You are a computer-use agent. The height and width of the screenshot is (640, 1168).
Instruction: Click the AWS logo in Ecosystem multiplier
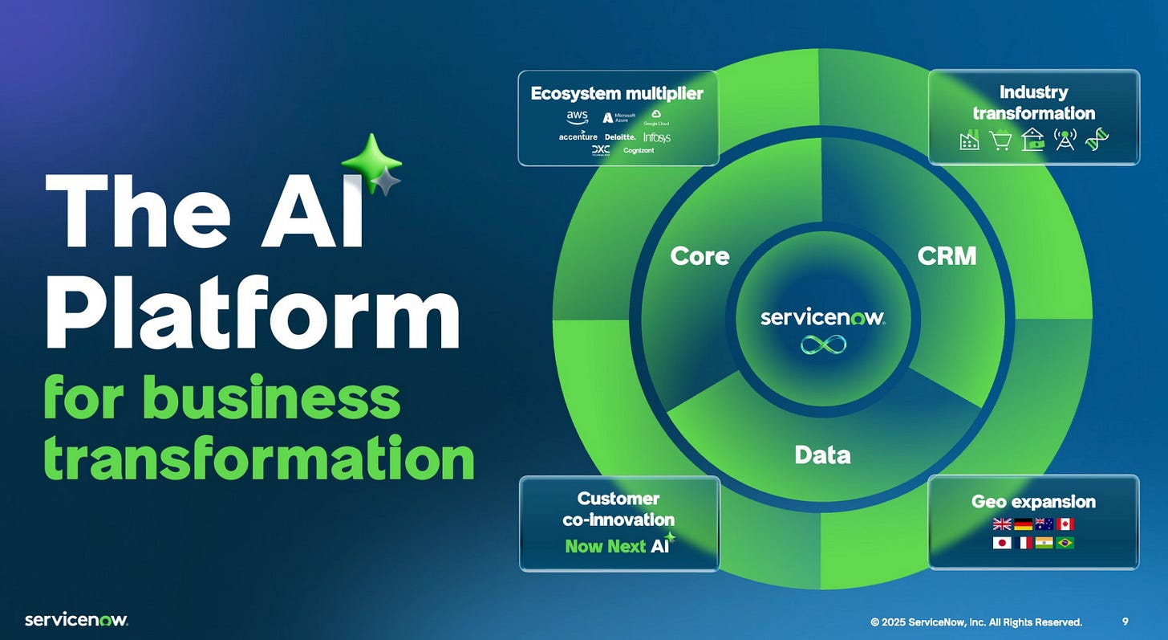pos(577,117)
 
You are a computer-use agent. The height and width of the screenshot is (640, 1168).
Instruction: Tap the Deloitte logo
pos(620,137)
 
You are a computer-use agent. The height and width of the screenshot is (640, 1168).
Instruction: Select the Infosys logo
pos(656,137)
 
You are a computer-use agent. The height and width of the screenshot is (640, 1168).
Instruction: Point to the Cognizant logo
pos(639,150)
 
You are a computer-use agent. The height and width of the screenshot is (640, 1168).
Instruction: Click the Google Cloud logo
pos(655,118)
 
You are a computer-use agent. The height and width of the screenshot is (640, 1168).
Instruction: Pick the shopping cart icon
pos(1000,141)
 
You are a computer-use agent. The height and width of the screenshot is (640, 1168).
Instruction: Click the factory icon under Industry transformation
pos(969,141)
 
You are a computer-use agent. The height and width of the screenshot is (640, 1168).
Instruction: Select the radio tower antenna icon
pos(1064,140)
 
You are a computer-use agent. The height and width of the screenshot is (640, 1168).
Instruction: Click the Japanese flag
pos(1002,543)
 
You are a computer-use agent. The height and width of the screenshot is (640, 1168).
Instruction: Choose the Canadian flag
pos(1065,524)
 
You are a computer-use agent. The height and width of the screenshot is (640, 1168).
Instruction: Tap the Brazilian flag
pos(1065,543)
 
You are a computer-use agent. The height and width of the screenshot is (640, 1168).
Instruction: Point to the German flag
pos(1023,524)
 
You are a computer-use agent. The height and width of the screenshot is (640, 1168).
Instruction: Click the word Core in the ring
pos(700,256)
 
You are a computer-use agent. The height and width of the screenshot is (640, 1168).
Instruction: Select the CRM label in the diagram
pos(947,256)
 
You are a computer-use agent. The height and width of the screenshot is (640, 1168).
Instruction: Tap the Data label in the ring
pos(822,455)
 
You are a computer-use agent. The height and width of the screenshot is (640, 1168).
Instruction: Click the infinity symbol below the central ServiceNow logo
pos(822,344)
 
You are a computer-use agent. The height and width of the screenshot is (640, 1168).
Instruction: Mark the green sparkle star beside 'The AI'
pos(370,161)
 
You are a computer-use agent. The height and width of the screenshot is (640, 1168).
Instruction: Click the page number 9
pos(1125,622)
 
